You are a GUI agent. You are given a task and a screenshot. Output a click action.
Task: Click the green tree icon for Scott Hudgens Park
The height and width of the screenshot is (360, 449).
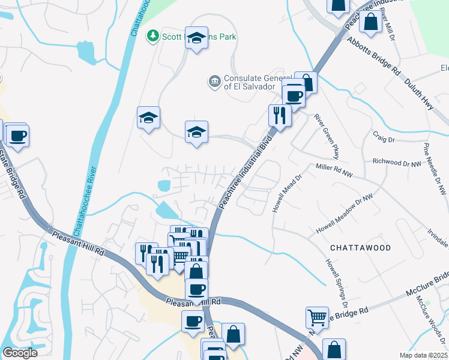(x=154, y=37)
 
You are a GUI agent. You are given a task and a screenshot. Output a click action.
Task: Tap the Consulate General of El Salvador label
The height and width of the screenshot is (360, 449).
(x=257, y=82)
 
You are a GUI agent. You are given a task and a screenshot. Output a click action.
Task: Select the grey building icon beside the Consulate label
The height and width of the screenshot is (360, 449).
(x=214, y=81)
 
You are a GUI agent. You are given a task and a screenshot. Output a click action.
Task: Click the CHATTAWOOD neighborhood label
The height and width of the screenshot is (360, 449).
(x=360, y=248)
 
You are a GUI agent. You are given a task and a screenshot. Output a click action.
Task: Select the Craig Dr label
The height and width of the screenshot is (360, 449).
(x=384, y=139)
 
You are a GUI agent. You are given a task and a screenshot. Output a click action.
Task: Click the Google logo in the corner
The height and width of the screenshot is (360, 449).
(x=19, y=353)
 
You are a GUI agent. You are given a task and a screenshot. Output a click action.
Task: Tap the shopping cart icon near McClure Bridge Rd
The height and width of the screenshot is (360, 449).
(x=317, y=316)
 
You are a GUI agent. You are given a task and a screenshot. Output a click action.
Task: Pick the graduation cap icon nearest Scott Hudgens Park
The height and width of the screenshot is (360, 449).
(x=196, y=38)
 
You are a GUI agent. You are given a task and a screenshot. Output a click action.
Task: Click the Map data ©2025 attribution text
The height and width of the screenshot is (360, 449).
(x=424, y=355)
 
